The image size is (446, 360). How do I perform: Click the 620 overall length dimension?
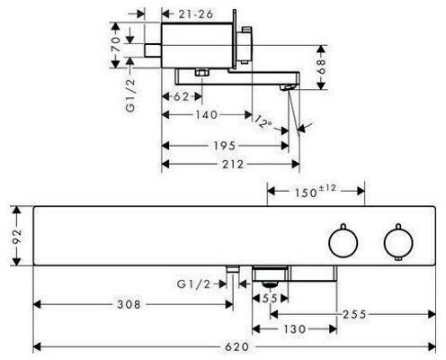click(x=236, y=347)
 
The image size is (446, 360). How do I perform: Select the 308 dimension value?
click(x=129, y=304)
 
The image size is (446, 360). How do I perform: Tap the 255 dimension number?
click(x=354, y=314)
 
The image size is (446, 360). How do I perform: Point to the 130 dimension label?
click(x=294, y=329)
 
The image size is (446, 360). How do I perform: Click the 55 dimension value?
click(x=270, y=298)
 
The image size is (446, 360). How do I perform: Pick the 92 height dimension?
click(x=17, y=236)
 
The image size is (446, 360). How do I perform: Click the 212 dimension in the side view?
click(x=233, y=165)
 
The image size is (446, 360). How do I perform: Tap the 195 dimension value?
click(x=225, y=146)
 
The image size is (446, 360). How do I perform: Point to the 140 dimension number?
click(x=207, y=114)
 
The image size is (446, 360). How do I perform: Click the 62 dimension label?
click(x=182, y=96)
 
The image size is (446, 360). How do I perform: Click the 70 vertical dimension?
click(x=117, y=44)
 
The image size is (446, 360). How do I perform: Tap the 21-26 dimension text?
click(x=196, y=13)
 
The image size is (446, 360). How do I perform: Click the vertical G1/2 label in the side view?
click(x=131, y=96)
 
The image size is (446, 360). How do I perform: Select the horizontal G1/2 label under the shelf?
click(x=194, y=283)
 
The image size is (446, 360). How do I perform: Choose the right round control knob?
click(x=398, y=242)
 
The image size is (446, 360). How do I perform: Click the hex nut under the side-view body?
click(x=202, y=73)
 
